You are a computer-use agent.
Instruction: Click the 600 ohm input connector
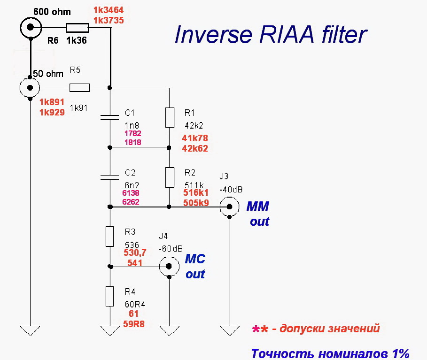30,28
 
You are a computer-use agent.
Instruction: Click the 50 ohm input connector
30,87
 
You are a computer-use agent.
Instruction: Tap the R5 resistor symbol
79,87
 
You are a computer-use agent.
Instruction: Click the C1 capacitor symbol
109,117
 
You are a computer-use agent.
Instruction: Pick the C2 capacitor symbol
109,177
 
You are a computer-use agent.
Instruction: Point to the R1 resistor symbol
169,117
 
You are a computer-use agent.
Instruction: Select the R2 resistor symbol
169,177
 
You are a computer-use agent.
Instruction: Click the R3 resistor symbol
109,237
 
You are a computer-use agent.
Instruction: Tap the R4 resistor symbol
109,296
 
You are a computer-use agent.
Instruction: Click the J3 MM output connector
229,207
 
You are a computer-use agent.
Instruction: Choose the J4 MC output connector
169,266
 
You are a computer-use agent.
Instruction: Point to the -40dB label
230,190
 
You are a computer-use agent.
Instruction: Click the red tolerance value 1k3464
109,10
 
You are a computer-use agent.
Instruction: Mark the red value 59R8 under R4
133,323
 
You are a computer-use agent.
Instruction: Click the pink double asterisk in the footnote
260,329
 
